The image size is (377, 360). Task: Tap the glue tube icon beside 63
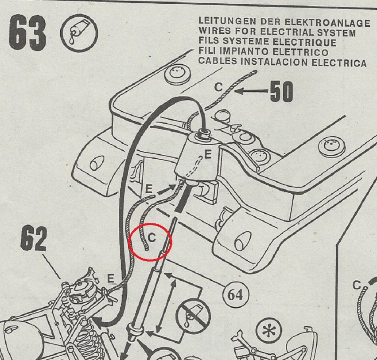click(x=79, y=33)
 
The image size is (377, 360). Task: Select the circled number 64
click(x=235, y=295)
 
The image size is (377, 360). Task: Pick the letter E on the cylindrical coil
click(x=208, y=154)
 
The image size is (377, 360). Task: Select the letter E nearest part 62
click(x=110, y=279)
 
